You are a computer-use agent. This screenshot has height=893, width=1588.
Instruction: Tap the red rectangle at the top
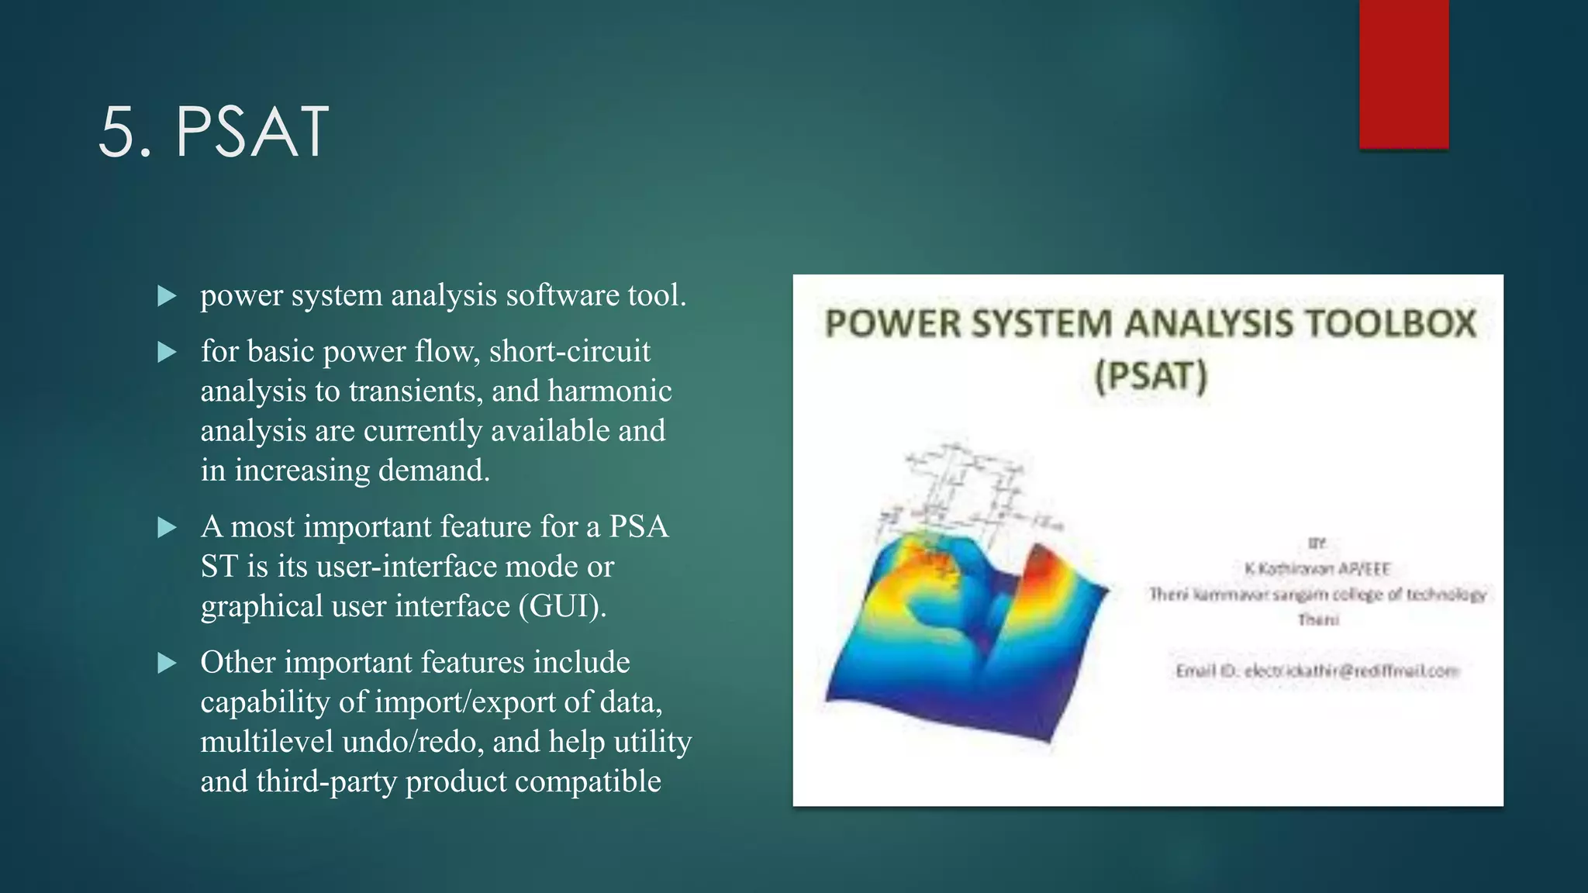1403,74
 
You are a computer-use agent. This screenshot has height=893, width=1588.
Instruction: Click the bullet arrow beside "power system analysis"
167,296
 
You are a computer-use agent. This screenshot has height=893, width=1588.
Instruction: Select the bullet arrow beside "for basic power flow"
167,353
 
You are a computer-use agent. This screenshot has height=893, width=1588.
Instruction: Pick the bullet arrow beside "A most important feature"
167,528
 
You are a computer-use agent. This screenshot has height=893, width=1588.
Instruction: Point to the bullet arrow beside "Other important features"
167,664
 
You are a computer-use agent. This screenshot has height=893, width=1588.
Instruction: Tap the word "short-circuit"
569,351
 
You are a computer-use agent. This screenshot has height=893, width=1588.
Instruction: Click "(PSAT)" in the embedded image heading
1151,377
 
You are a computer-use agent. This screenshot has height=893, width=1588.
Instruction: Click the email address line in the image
1317,671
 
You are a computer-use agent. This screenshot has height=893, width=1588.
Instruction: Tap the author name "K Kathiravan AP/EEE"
1317,569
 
